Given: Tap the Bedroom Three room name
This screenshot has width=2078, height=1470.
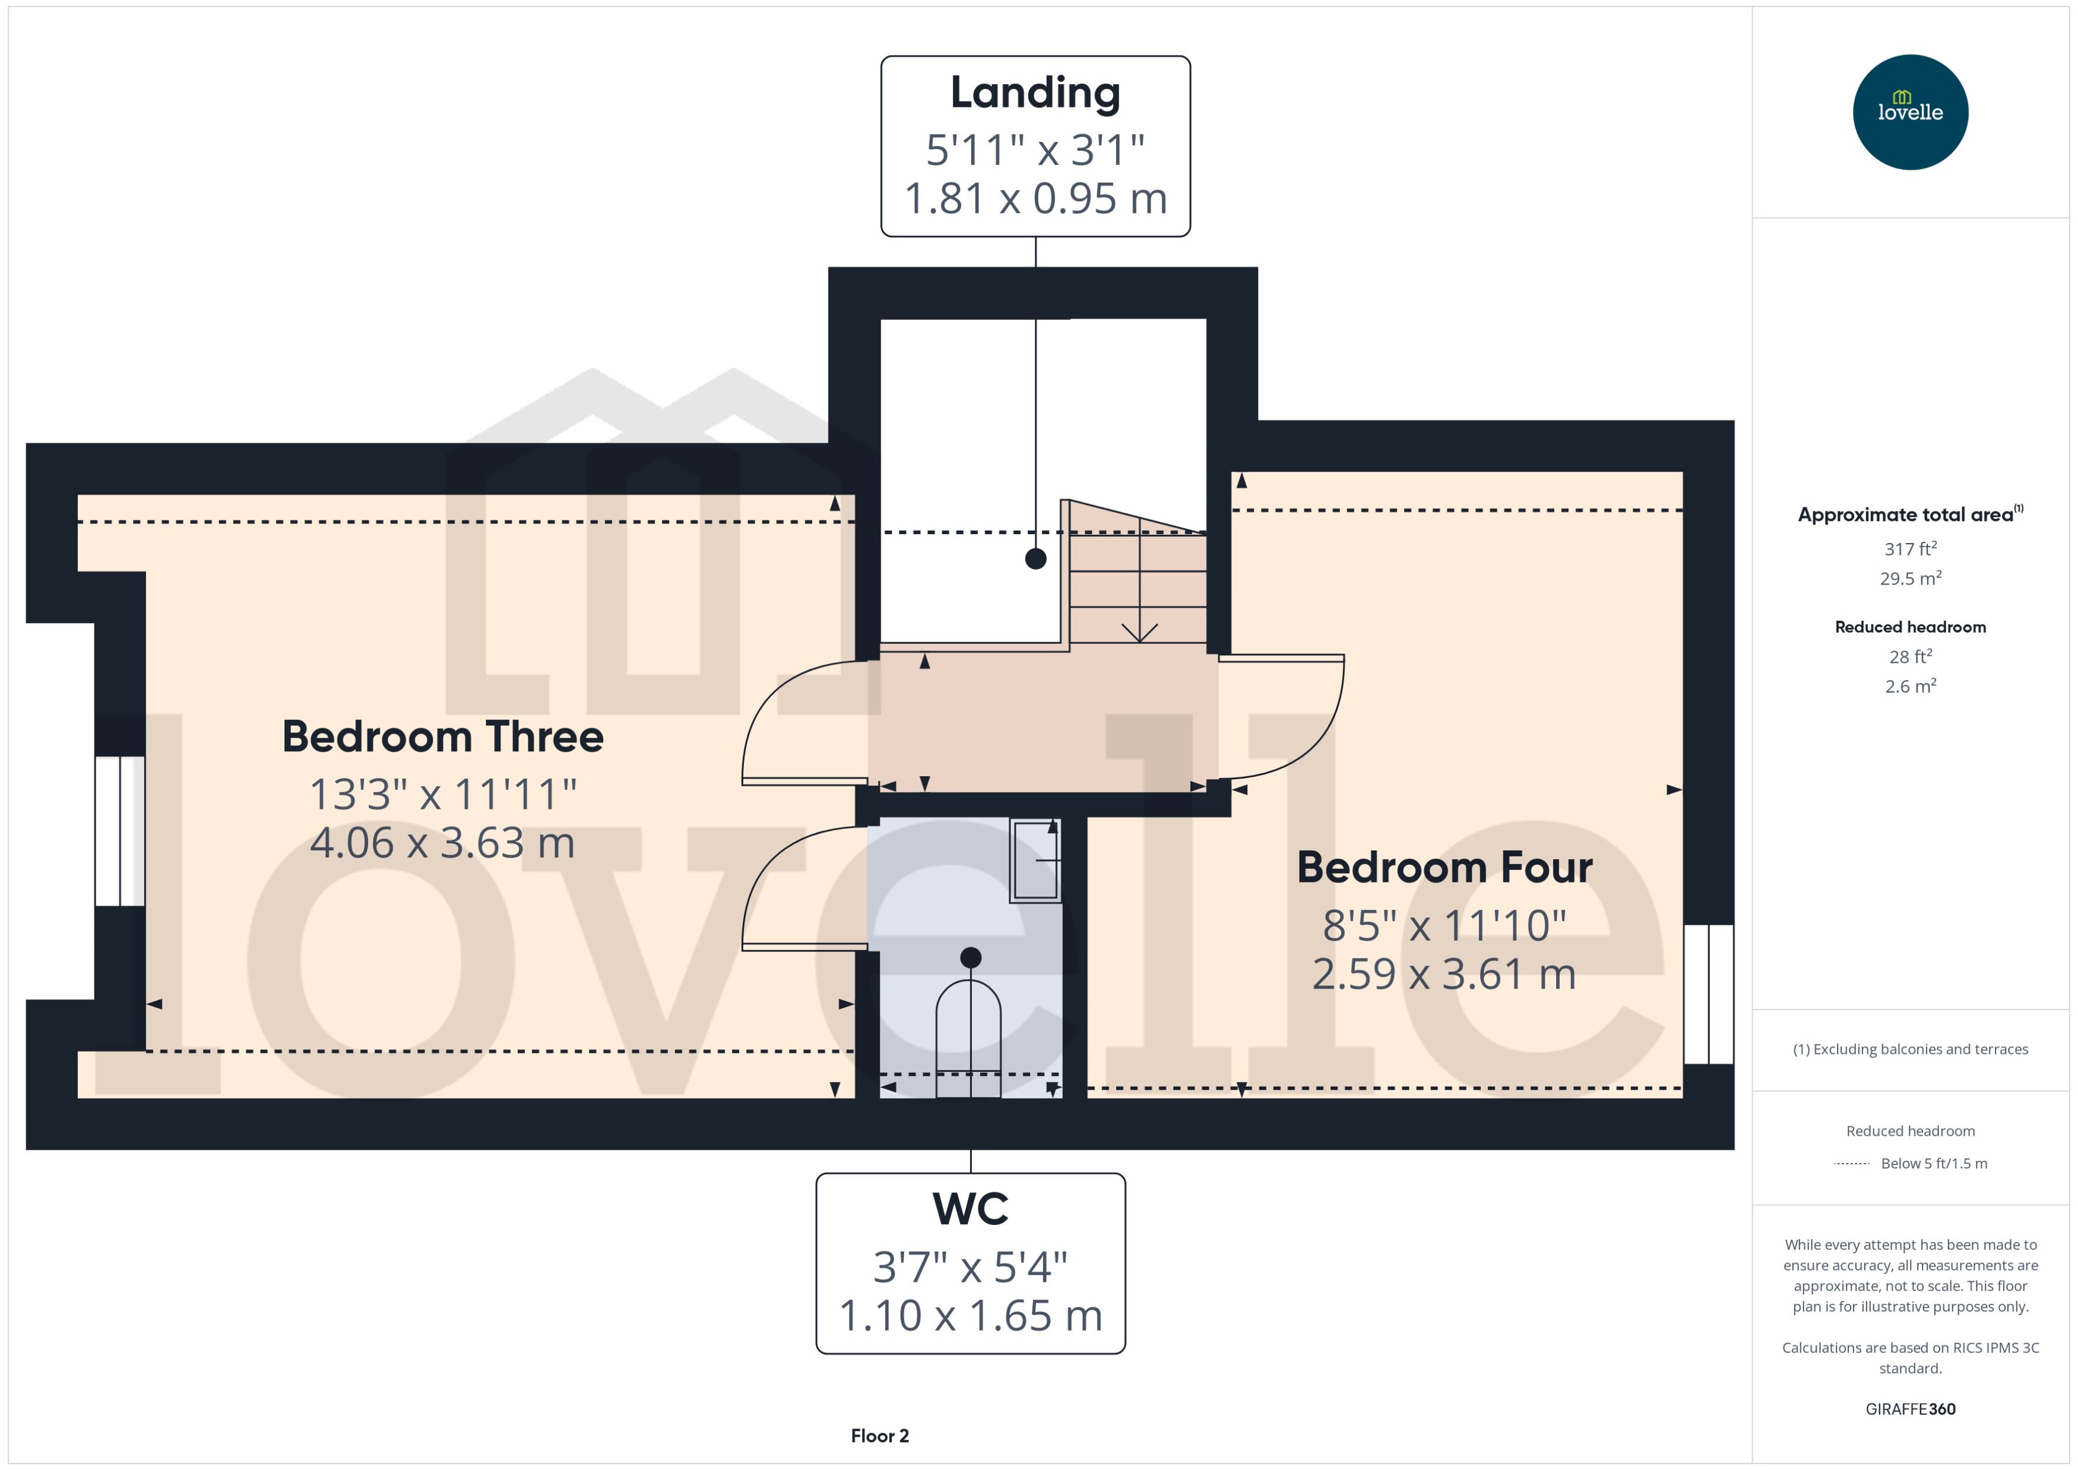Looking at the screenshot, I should (x=443, y=737).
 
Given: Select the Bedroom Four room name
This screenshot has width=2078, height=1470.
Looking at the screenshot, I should (x=1444, y=867).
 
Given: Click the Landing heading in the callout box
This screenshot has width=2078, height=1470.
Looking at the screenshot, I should (x=1035, y=93).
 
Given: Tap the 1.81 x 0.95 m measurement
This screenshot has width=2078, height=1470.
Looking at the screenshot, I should (x=1035, y=198).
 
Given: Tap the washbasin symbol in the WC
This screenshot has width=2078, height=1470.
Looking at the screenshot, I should (x=1035, y=860).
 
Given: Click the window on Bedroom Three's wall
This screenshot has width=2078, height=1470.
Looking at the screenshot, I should (x=119, y=831).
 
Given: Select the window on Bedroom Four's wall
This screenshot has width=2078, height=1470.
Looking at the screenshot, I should (x=1708, y=994).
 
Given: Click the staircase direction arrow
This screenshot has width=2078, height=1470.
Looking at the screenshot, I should (x=1139, y=631).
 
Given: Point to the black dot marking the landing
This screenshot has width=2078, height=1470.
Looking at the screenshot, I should (x=1035, y=558).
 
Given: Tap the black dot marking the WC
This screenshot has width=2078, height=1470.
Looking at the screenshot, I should (x=970, y=957).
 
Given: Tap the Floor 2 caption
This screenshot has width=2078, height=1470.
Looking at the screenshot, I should (x=879, y=1436).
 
